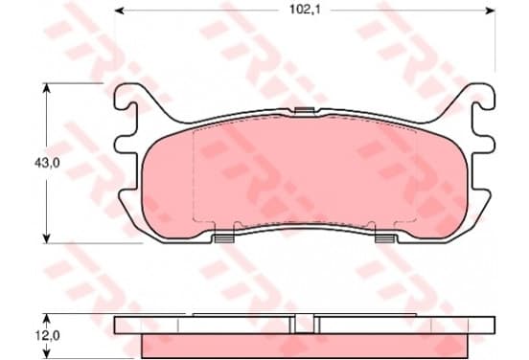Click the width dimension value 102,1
pos(305,10)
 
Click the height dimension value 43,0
pos(47,163)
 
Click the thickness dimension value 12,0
pos(47,335)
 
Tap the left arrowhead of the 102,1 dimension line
pos(120,11)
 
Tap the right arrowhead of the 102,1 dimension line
pos(490,11)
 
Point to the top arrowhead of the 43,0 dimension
pos(47,88)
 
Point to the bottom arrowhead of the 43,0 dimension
pos(47,238)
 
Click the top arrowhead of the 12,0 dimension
pos(47,319)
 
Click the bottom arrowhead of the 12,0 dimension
pos(47,353)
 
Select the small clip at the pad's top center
pos(305,110)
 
